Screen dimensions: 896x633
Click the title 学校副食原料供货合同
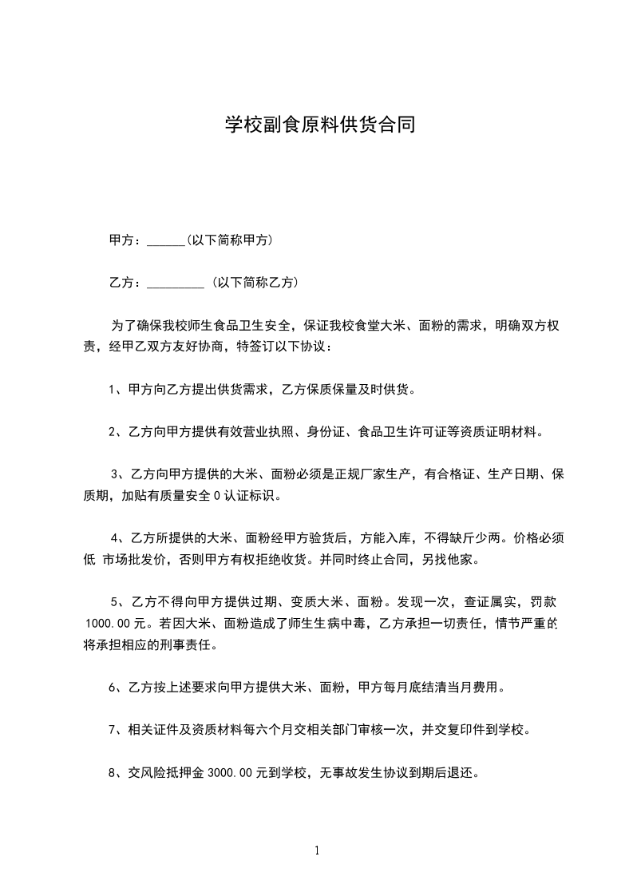pos(318,125)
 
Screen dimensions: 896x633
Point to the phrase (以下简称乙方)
pos(255,282)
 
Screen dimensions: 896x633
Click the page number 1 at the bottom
pos(317,850)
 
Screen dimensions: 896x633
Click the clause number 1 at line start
pos(113,390)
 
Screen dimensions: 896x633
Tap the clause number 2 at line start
pos(113,432)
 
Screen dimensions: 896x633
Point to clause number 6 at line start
pos(113,687)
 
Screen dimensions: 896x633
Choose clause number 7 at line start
pos(113,729)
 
